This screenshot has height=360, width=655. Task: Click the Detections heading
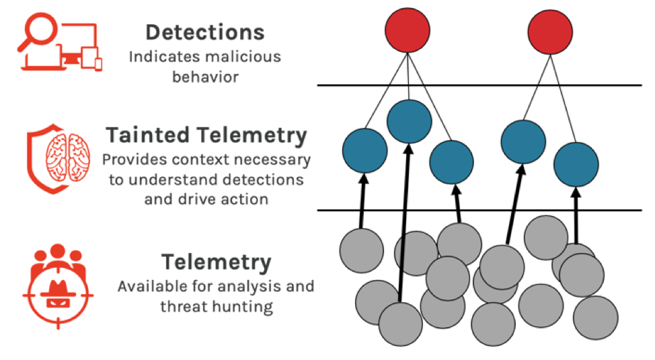(x=204, y=32)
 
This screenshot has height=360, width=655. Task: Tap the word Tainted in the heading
(x=148, y=135)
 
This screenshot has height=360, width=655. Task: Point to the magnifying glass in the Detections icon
(x=38, y=32)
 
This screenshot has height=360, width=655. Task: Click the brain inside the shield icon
(x=68, y=157)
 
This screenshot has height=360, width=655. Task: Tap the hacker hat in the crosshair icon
(x=58, y=288)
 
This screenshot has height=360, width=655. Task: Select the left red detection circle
(x=408, y=30)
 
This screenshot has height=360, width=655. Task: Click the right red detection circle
(x=550, y=32)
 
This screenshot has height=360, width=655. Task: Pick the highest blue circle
(x=410, y=121)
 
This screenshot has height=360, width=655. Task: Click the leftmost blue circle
(x=364, y=151)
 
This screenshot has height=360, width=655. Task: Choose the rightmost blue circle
(x=576, y=164)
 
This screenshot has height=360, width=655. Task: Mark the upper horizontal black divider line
(x=479, y=85)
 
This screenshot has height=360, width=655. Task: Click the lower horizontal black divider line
(x=479, y=210)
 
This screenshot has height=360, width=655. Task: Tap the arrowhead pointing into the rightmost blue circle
(x=576, y=192)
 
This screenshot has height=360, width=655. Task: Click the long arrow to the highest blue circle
(x=405, y=223)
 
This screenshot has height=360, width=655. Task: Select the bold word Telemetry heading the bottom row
(x=217, y=262)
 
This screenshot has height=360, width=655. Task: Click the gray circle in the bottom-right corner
(x=596, y=318)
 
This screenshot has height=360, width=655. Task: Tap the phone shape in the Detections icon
(x=98, y=65)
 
